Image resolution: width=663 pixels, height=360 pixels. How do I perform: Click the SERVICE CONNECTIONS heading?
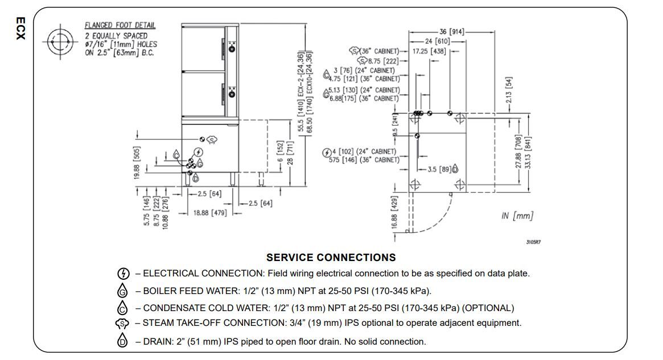click(x=331, y=258)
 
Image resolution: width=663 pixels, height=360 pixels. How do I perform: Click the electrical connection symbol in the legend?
click(x=122, y=274)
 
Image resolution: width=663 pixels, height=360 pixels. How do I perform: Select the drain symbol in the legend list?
click(x=122, y=341)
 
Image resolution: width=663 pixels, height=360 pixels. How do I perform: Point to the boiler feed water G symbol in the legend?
click(x=122, y=291)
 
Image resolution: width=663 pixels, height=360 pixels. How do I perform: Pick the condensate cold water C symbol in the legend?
click(x=122, y=308)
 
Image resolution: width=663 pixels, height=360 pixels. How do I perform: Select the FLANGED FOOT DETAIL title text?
click(x=120, y=26)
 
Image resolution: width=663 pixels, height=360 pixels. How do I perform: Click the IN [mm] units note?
click(x=517, y=216)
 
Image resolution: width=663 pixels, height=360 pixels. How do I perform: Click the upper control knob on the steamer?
click(x=232, y=49)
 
